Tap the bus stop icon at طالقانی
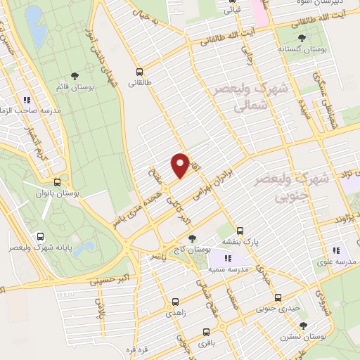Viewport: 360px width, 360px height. [139, 72]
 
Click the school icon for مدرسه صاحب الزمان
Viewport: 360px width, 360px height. [28, 100]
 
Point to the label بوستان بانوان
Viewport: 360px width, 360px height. [56, 191]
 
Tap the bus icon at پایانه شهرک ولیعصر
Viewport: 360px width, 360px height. [40, 237]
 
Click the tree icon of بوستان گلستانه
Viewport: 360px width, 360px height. [303, 37]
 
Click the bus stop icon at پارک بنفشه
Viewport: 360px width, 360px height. [240, 230]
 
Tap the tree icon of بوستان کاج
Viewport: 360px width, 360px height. [192, 238]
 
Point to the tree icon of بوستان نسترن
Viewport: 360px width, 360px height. [302, 325]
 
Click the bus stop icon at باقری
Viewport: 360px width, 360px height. [206, 332]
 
